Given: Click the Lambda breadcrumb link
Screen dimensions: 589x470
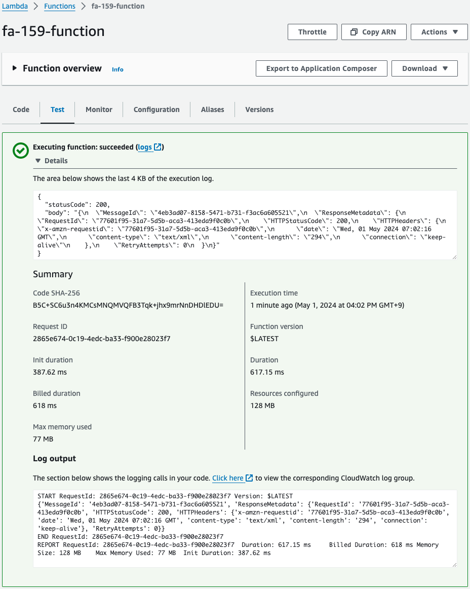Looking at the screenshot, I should [x=15, y=7].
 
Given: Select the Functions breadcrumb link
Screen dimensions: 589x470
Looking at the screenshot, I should [x=60, y=7].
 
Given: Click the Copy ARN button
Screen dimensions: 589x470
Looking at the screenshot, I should [x=374, y=32].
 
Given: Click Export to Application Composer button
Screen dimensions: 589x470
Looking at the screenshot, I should [x=321, y=68].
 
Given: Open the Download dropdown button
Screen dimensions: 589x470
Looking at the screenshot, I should [x=424, y=68].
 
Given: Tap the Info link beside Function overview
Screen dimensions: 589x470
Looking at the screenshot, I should [x=117, y=69].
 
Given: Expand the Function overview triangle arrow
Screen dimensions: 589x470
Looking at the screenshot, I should [x=15, y=68].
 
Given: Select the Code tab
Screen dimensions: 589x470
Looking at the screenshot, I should [x=21, y=109].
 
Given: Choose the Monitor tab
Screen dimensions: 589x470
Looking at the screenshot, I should [x=99, y=109].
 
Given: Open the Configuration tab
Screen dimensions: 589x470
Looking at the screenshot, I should [x=156, y=109].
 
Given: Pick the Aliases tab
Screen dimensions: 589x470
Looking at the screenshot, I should [x=212, y=109].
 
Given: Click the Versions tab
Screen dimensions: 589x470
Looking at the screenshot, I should [x=259, y=109].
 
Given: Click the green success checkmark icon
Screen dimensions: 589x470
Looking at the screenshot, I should [x=21, y=151].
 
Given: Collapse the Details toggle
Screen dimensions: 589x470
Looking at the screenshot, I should [x=51, y=161].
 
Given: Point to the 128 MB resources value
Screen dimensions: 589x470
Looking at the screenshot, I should [x=262, y=406].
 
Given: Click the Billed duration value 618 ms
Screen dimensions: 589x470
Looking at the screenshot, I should [x=45, y=406].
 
